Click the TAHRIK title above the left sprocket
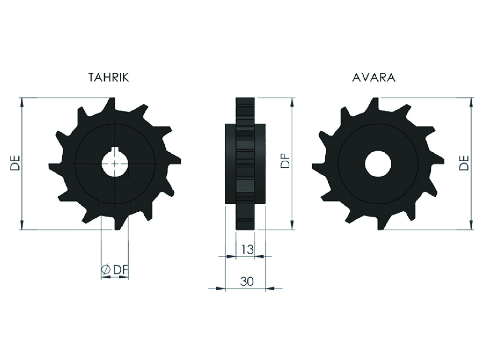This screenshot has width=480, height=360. point(109,77)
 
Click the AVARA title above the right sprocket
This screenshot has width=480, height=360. point(373,77)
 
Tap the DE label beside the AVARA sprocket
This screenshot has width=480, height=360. point(463,163)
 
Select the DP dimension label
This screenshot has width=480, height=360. point(285,162)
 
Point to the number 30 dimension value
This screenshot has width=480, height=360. point(247,281)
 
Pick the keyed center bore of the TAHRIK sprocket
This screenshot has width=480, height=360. point(115,163)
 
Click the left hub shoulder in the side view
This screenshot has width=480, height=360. point(230,164)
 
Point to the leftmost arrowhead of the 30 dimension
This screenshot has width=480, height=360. point(220,288)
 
